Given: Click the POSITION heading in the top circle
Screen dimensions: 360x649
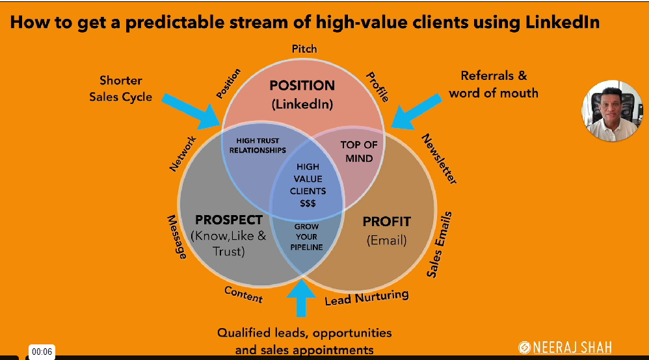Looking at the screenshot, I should pos(302,85).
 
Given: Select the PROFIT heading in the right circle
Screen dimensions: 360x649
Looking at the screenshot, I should pos(387,221).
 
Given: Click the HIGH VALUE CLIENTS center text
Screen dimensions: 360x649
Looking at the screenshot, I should pos(308,185).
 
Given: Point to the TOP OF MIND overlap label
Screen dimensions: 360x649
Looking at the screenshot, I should pos(359,151).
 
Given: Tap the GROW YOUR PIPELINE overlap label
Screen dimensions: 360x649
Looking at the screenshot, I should pos(306,237).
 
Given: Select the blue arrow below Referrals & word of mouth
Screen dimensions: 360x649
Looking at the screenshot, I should pos(417,108).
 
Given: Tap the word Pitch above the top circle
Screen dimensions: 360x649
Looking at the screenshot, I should pos(304,49).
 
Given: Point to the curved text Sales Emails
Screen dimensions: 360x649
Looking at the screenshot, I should pos(440,244).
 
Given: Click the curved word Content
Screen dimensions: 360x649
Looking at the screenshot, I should pos(243,294).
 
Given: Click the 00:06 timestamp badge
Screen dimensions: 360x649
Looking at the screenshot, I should pos(42,352).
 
